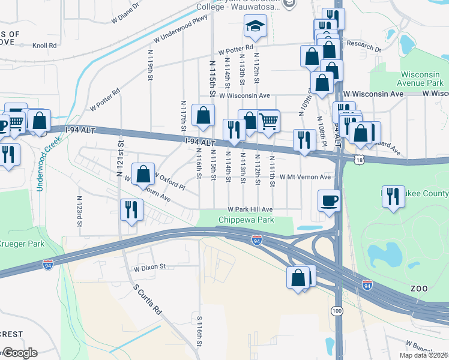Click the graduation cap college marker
point(255,26)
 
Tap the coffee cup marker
point(330,200)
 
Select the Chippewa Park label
point(246,220)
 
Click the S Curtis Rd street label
point(148,299)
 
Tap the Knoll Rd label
point(44,45)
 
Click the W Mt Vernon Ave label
point(306,177)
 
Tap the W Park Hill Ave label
point(250,209)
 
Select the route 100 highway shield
point(337,311)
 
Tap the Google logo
point(20,353)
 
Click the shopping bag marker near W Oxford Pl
point(143,174)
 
